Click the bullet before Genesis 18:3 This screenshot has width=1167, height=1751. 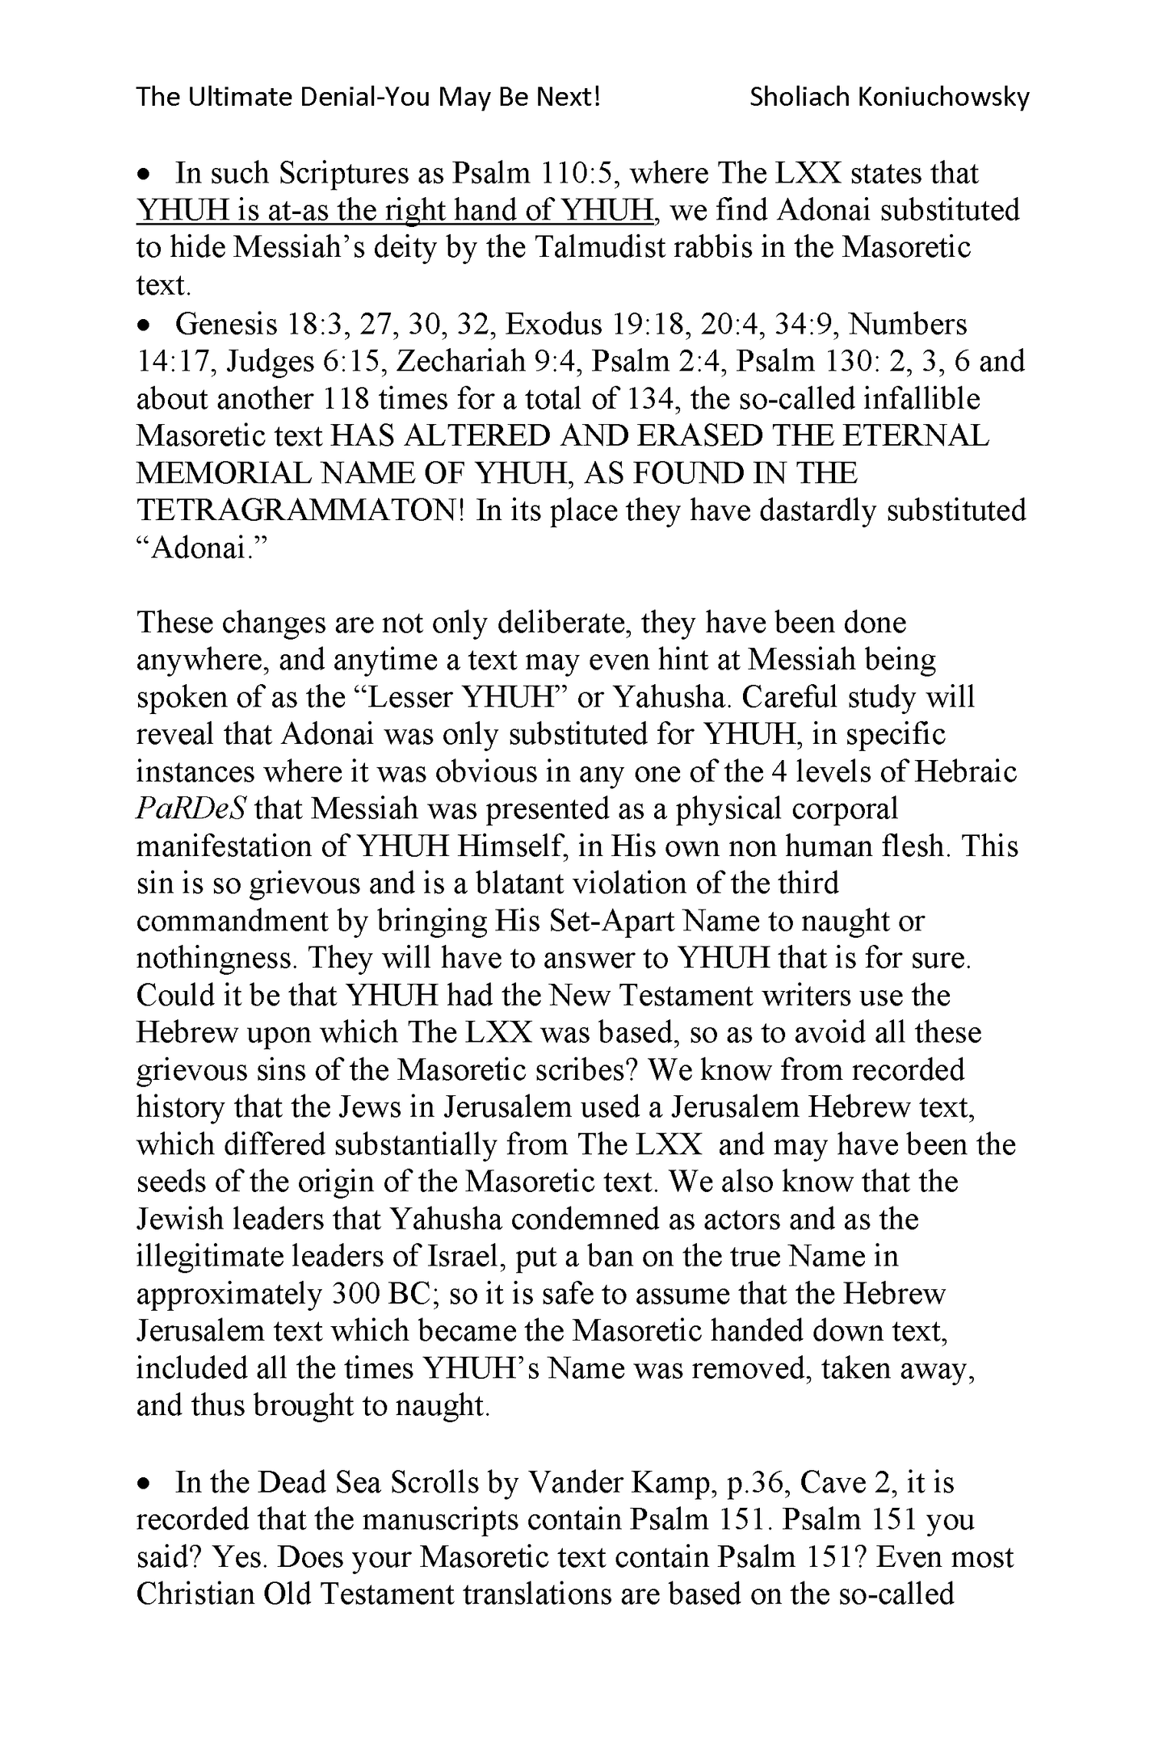(144, 325)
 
